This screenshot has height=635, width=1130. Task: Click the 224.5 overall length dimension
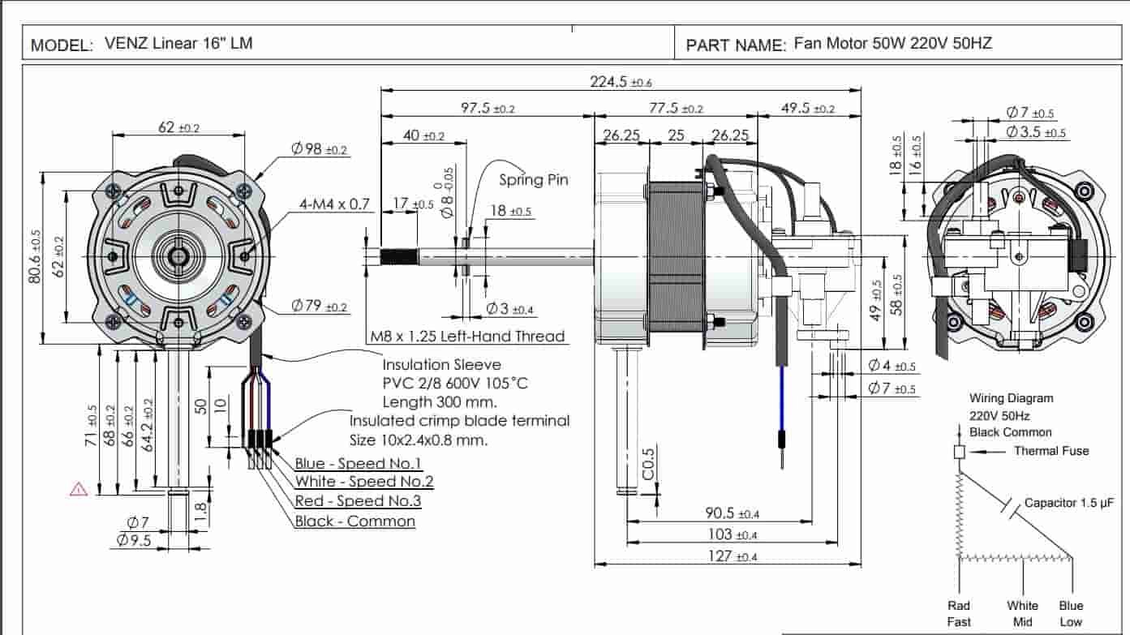(x=620, y=81)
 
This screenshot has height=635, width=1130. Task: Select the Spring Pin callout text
(x=533, y=180)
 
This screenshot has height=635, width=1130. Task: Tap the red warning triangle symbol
(x=79, y=489)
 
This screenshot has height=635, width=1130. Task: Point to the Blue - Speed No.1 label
(x=358, y=463)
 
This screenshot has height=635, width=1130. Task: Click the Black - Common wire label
(x=354, y=521)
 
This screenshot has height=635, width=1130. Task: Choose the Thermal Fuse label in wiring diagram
(x=1051, y=451)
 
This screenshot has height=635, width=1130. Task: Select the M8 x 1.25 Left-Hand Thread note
(x=467, y=336)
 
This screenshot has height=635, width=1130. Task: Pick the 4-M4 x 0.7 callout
(x=334, y=204)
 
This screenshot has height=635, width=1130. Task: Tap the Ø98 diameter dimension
(x=320, y=149)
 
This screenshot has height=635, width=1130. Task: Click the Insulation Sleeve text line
(x=441, y=365)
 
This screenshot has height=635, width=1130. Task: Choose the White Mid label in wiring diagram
(x=1022, y=613)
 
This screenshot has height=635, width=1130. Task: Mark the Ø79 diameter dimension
(x=319, y=307)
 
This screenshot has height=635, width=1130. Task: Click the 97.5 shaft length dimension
(x=488, y=109)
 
